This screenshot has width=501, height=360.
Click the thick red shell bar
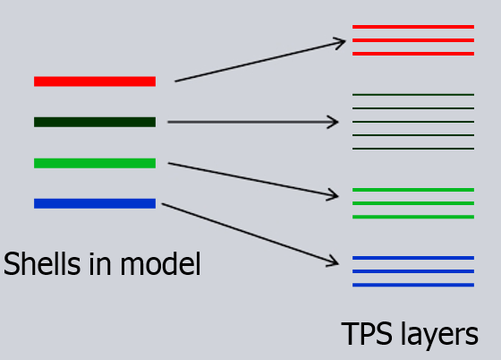coord(95,81)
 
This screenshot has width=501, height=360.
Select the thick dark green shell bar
coord(95,122)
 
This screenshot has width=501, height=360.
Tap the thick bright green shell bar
coord(95,163)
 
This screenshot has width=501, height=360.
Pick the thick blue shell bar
coord(95,203)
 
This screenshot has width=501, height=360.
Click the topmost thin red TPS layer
coord(413,27)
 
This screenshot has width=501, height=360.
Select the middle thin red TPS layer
coord(413,40)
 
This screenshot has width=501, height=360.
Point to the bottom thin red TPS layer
coord(413,54)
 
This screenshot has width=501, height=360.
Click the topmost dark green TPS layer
coord(413,95)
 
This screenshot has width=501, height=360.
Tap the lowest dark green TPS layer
coord(413,149)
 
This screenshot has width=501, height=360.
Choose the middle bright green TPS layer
coord(413,203)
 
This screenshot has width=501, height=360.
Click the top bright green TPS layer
coord(413,190)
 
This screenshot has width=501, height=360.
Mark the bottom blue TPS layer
coord(413,285)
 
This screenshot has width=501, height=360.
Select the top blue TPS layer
coord(413,258)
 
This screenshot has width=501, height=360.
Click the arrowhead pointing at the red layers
coord(344,41)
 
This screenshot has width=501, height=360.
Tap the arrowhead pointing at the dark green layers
coord(338,122)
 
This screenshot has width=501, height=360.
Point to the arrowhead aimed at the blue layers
coord(338,263)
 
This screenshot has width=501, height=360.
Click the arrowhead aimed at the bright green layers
coord(338,195)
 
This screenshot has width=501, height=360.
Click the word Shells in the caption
coord(42,264)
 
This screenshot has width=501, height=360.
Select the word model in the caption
coord(161,264)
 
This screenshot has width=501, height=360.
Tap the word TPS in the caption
coord(367,334)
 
